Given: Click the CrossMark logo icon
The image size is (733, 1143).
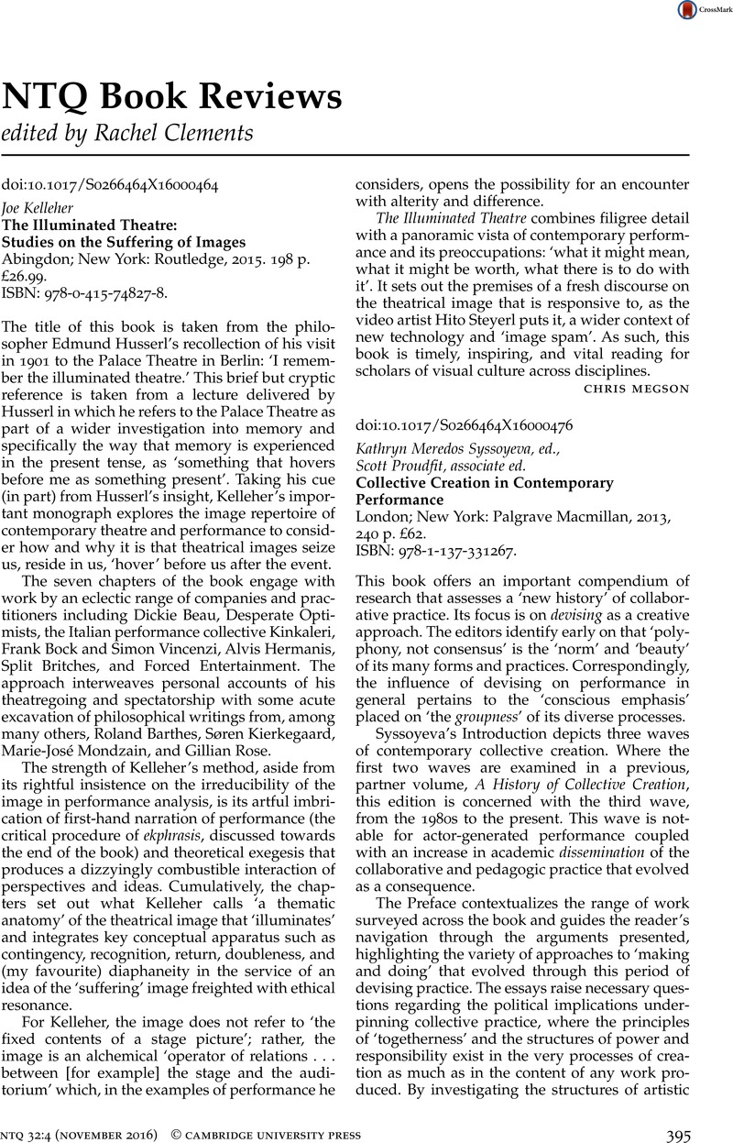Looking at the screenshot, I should pos(686,11).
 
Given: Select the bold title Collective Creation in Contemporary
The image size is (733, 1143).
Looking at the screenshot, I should pos(484,482).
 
